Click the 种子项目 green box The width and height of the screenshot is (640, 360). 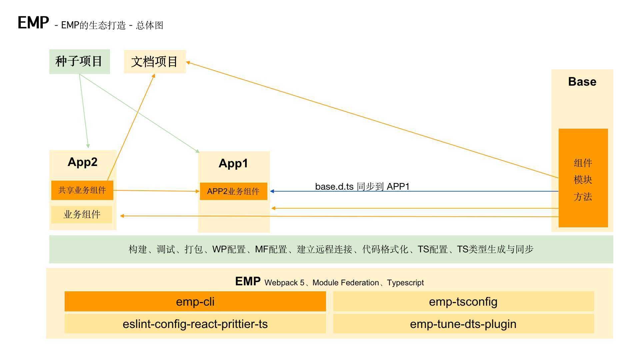pyautogui.click(x=79, y=62)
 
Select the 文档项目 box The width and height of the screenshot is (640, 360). pyautogui.click(x=155, y=62)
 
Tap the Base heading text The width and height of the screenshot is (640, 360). pyautogui.click(x=582, y=82)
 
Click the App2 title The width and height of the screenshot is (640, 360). pyautogui.click(x=83, y=162)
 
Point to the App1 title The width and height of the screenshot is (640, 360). pyautogui.click(x=233, y=163)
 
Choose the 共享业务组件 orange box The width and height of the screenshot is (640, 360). pyautogui.click(x=82, y=190)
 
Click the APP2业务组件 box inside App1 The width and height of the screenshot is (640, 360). pyautogui.click(x=233, y=191)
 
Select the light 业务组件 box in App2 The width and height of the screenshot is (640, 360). pyautogui.click(x=82, y=214)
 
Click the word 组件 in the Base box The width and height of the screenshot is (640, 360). pyautogui.click(x=583, y=163)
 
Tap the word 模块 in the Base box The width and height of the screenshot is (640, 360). pyautogui.click(x=583, y=180)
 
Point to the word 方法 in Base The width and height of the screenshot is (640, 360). pyautogui.click(x=583, y=197)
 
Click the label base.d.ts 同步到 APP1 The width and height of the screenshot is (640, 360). pyautogui.click(x=362, y=186)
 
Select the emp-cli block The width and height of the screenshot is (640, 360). pyautogui.click(x=195, y=302)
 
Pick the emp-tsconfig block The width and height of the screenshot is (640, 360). pyautogui.click(x=463, y=302)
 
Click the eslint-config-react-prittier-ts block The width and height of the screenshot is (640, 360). pyautogui.click(x=195, y=324)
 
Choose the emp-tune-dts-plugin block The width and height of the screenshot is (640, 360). pyautogui.click(x=463, y=324)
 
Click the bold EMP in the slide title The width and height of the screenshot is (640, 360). pyautogui.click(x=33, y=23)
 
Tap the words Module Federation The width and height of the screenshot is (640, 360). pyautogui.click(x=346, y=283)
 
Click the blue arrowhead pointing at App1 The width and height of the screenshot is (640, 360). pyautogui.click(x=272, y=191)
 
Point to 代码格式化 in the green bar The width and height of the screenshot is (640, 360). pyautogui.click(x=385, y=249)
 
